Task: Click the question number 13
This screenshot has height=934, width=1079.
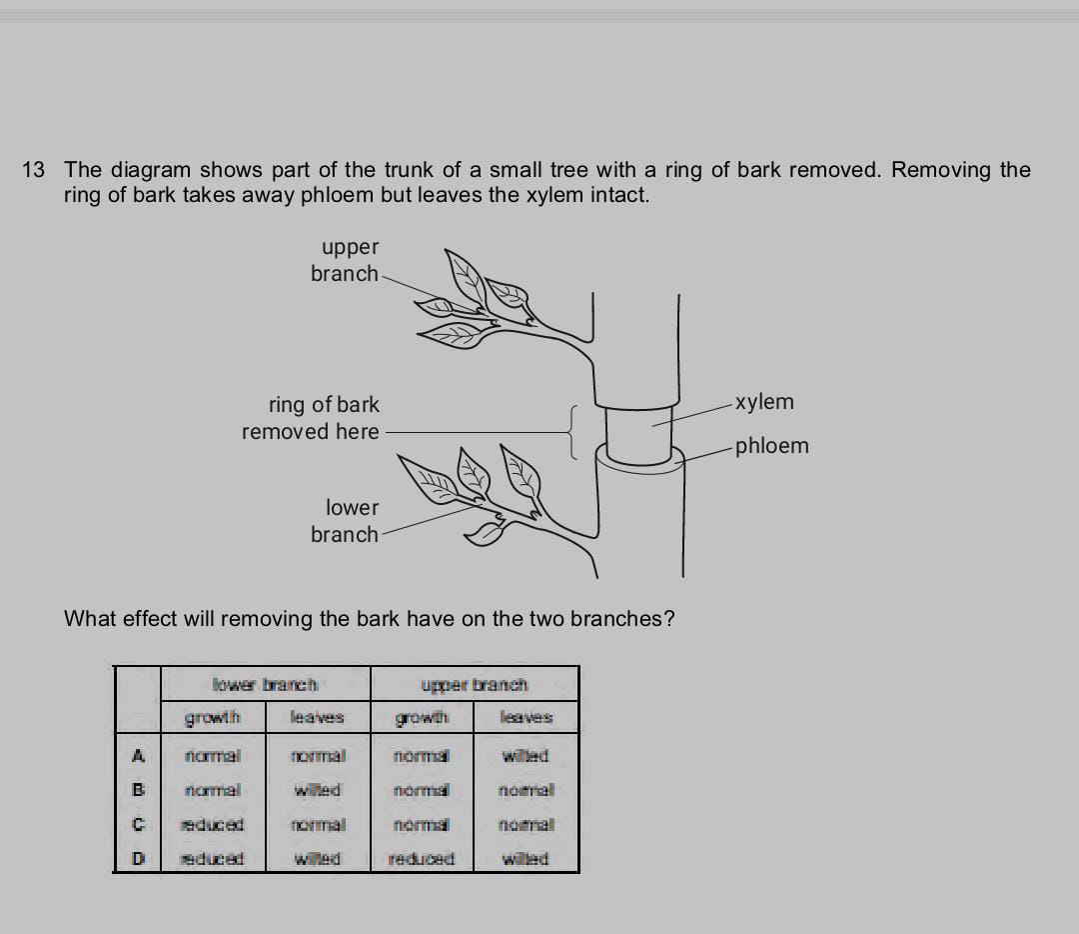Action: (33, 170)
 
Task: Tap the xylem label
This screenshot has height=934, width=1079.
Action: (765, 402)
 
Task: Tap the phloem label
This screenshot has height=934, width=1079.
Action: (771, 446)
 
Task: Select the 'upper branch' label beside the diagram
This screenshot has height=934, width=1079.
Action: (346, 260)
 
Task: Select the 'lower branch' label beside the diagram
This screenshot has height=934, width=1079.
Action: (346, 521)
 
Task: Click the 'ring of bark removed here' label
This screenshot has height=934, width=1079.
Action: (312, 418)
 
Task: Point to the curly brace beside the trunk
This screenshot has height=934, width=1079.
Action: (573, 431)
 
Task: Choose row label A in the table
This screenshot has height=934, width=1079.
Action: (139, 756)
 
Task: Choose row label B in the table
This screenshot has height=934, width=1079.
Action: (139, 790)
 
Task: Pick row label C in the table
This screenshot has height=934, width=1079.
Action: (139, 825)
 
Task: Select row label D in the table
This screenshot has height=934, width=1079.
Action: (139, 859)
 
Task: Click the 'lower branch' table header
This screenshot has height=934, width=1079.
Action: (265, 685)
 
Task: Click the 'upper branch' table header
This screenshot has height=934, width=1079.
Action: (475, 685)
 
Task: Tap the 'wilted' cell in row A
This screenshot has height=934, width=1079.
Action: (526, 756)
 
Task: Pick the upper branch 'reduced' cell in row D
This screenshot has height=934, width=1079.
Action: (421, 859)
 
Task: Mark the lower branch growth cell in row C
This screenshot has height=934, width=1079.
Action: (212, 825)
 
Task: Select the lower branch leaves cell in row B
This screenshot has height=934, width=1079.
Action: (318, 790)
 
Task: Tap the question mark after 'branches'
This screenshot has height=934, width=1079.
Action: (668, 618)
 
